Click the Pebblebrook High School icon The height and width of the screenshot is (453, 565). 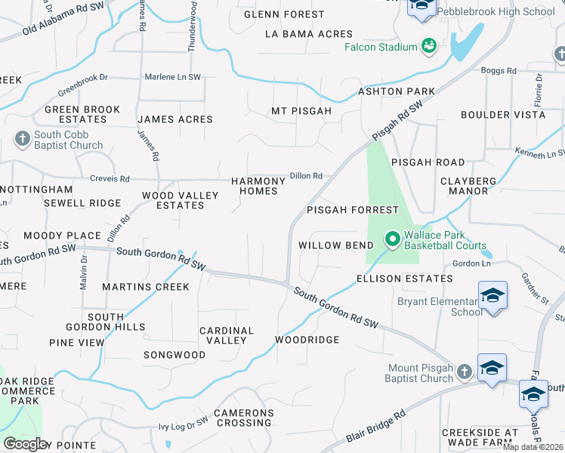click(x=421, y=7)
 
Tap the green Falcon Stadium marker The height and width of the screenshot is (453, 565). click(x=429, y=47)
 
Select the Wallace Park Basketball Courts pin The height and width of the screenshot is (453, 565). click(x=392, y=239)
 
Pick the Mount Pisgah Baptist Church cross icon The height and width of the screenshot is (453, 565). click(x=464, y=372)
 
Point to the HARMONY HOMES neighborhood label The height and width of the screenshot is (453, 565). click(x=258, y=186)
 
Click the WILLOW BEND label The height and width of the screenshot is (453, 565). click(x=335, y=245)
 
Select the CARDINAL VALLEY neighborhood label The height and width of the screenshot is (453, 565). click(x=227, y=335)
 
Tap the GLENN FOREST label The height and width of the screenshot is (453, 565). click(x=284, y=14)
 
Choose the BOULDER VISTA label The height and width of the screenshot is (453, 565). click(x=503, y=115)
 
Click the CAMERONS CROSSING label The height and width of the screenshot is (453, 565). click(x=243, y=418)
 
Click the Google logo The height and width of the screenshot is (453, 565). click(x=25, y=443)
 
